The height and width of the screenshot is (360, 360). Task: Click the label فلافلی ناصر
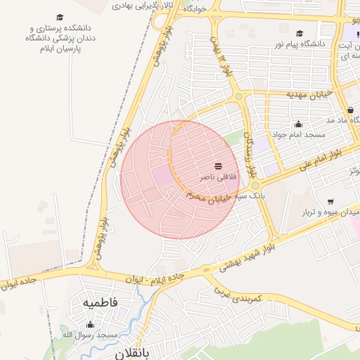218,176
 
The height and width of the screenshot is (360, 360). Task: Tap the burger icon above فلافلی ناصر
218,166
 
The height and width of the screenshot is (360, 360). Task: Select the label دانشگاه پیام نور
306,44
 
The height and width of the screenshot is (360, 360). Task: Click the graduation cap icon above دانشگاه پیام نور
300,33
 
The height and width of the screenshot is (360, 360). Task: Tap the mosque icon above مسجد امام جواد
298,124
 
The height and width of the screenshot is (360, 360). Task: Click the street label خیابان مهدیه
308,94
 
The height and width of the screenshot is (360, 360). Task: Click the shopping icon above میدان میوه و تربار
329,201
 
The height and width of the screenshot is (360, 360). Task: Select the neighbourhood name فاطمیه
100,303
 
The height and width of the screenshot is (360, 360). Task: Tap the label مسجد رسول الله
89,335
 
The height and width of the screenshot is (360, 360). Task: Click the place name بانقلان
134,355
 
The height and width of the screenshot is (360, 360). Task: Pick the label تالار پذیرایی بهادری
142,5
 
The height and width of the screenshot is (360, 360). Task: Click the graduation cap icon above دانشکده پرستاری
60,16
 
